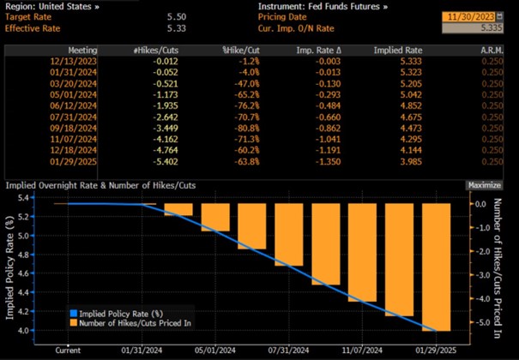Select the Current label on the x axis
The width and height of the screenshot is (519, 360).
tap(69, 350)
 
